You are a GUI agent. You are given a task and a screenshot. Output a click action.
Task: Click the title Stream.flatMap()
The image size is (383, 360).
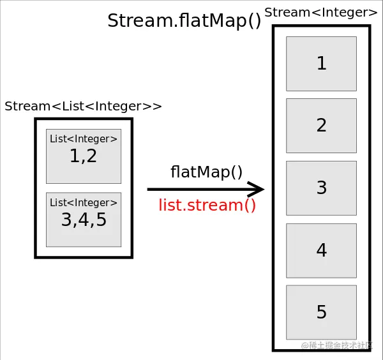[x=184, y=21]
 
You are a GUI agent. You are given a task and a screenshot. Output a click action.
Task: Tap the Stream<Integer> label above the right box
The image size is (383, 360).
[x=320, y=12]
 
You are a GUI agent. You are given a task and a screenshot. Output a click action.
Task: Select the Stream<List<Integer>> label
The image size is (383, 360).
[x=83, y=107]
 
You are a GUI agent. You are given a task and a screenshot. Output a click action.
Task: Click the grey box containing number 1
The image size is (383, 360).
[x=321, y=64]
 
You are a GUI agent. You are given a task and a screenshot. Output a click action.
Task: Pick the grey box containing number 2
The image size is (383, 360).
[x=321, y=126]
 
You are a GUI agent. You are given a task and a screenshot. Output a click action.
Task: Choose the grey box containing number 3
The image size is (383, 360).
[x=321, y=188]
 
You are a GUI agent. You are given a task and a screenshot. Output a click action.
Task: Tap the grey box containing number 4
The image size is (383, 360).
[x=321, y=251]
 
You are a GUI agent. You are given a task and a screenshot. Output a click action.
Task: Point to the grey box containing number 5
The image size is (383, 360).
[x=321, y=313]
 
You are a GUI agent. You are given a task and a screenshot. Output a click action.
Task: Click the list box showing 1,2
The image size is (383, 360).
[x=84, y=156]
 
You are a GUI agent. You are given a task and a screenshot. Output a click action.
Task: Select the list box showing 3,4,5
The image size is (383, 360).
[x=84, y=220]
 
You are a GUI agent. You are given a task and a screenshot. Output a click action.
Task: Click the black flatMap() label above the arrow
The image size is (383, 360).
[x=207, y=172]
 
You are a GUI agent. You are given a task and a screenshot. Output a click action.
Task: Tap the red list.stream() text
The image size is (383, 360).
[x=207, y=206]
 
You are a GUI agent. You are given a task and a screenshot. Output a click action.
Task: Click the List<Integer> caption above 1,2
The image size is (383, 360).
[x=84, y=139]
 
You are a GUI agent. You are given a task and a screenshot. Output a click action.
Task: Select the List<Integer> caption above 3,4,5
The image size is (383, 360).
[x=84, y=202]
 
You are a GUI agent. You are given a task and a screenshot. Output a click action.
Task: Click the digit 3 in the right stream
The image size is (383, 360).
[x=322, y=188]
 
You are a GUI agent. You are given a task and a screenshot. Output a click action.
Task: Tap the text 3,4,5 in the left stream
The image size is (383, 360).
[x=84, y=220]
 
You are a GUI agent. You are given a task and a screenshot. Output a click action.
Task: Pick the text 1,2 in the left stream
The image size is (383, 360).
[x=84, y=156]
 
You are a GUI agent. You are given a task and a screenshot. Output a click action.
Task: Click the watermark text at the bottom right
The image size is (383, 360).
[x=337, y=345]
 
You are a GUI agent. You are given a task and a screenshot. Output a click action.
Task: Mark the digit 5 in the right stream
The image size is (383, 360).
[x=322, y=313]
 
